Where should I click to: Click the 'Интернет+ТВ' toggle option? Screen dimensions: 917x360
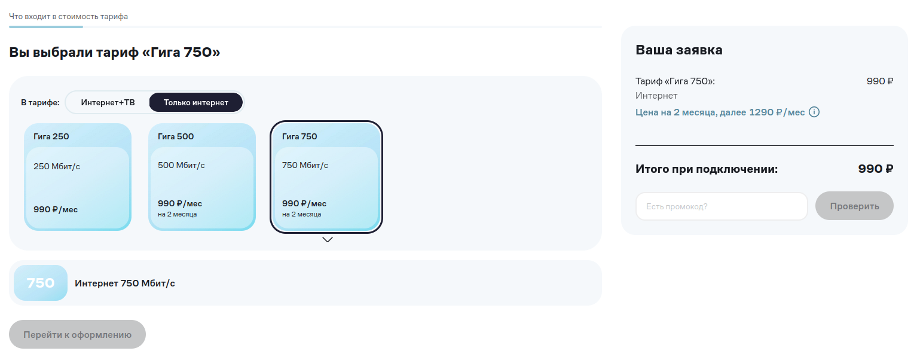point(108,102)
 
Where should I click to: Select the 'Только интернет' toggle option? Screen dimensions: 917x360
point(195,102)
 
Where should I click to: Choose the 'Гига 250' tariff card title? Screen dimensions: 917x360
point(51,136)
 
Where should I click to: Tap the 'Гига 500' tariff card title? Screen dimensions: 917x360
point(176,136)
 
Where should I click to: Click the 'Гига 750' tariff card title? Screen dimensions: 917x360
point(299,136)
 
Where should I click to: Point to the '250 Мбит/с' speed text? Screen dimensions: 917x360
point(57,166)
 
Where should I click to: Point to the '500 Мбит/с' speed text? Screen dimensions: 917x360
point(181,166)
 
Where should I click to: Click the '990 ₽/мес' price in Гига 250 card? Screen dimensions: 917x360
point(56,210)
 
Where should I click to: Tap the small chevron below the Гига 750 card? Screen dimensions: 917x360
point(328,240)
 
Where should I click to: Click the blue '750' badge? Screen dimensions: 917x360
point(41,283)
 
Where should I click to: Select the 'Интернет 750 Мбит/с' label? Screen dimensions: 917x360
point(125,283)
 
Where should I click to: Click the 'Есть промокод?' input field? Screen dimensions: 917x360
point(722,206)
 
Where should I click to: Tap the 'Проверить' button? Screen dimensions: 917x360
point(854,206)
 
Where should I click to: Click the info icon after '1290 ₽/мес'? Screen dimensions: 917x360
point(814,112)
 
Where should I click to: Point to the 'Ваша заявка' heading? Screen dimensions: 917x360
point(678,50)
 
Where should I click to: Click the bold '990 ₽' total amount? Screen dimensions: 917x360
point(876,169)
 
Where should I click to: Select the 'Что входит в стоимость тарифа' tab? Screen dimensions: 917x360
point(68,16)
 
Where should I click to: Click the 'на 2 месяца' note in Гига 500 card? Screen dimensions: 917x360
point(178,214)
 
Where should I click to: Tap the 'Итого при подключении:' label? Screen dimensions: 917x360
point(707,169)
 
